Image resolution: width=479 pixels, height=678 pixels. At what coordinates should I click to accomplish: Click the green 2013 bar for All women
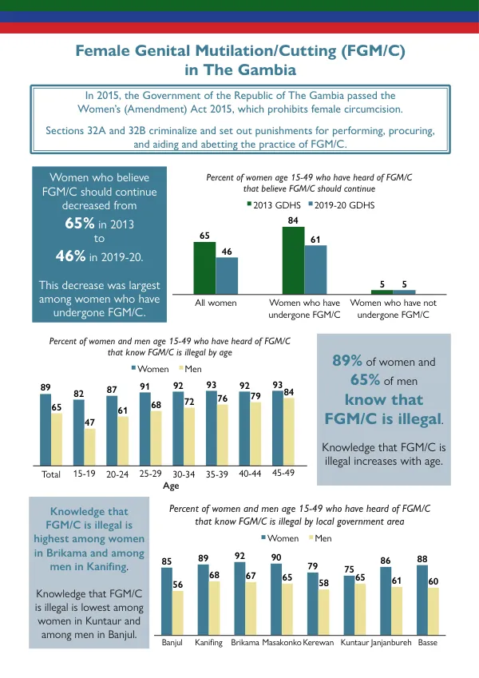(204, 268)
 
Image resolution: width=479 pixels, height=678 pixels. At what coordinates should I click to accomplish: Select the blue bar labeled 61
(315, 270)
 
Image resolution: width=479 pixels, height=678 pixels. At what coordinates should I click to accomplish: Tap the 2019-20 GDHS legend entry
(342, 205)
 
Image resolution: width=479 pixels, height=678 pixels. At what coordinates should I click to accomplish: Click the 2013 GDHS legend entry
(274, 205)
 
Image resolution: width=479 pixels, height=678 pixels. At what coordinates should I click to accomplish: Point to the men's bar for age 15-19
(89, 447)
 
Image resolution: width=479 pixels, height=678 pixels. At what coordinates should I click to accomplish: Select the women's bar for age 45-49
(278, 428)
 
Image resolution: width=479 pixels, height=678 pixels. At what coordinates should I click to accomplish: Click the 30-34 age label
(184, 474)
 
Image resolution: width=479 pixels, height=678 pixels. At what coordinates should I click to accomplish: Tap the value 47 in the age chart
(89, 422)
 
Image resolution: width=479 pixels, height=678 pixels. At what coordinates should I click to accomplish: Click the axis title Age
(171, 486)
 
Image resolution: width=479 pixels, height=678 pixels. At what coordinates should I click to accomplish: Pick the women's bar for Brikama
(239, 598)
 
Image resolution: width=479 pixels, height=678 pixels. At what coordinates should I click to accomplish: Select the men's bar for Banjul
(178, 613)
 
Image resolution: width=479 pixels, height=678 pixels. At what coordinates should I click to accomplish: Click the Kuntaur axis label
(354, 643)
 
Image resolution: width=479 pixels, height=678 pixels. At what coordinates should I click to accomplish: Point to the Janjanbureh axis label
(391, 643)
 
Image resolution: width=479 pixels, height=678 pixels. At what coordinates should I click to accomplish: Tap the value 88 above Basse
(422, 559)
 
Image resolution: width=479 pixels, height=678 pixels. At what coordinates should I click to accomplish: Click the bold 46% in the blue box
(70, 256)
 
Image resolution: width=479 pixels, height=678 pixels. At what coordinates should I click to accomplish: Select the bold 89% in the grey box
(347, 361)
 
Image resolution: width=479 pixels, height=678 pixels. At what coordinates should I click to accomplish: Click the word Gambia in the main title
(268, 69)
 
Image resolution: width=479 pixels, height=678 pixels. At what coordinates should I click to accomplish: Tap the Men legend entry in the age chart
(190, 369)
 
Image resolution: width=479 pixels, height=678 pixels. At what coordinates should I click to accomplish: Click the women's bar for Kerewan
(313, 604)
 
